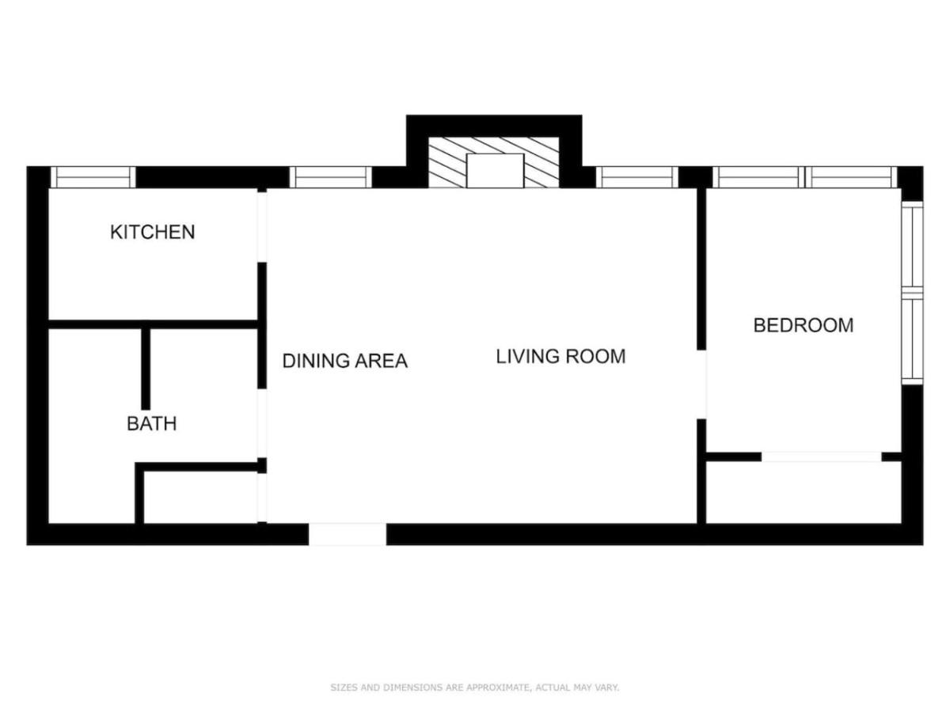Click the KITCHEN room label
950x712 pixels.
tap(152, 232)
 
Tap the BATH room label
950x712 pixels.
tap(151, 424)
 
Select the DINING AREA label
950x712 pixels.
tap(345, 361)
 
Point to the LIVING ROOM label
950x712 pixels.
tap(561, 357)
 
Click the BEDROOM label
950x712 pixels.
tap(804, 325)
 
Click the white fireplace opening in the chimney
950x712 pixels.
tap(495, 170)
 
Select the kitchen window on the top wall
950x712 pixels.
tap(93, 177)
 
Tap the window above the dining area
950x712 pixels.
tap(331, 177)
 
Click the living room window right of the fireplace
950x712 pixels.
tap(637, 177)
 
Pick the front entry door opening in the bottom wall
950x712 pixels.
tap(348, 534)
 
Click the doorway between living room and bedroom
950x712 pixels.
tap(701, 384)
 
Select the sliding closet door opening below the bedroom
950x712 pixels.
tap(822, 457)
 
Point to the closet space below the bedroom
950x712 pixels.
tap(804, 492)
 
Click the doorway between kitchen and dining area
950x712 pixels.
tap(262, 227)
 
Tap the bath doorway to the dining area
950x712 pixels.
tap(262, 423)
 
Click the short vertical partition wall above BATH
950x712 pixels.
tap(146, 369)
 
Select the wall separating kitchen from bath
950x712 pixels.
tap(154, 324)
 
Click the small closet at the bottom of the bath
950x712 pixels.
tap(200, 497)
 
